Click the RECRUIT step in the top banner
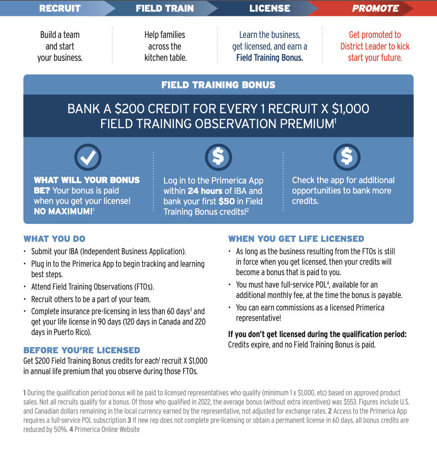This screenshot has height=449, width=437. coord(60,8)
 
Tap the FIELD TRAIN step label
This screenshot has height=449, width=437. coord(165,8)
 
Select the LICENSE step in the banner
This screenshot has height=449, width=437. coord(270,8)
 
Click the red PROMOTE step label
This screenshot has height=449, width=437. coord(375,8)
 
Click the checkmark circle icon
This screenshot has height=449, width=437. coord(88,156)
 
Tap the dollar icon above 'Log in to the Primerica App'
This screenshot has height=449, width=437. coord(218,156)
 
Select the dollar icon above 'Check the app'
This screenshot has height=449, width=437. coord(347,156)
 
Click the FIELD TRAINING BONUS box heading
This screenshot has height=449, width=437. coord(218,85)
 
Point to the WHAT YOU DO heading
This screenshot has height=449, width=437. coord(55,239)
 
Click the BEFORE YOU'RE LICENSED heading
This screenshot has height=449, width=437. coord(82,350)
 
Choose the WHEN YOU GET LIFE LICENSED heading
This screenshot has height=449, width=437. coord(296,239)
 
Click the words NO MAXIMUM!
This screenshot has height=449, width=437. coord(63,211)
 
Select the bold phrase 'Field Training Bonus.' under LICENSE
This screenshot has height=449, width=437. coord(270,58)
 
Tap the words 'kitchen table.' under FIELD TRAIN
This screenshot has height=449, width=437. coord(166,58)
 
